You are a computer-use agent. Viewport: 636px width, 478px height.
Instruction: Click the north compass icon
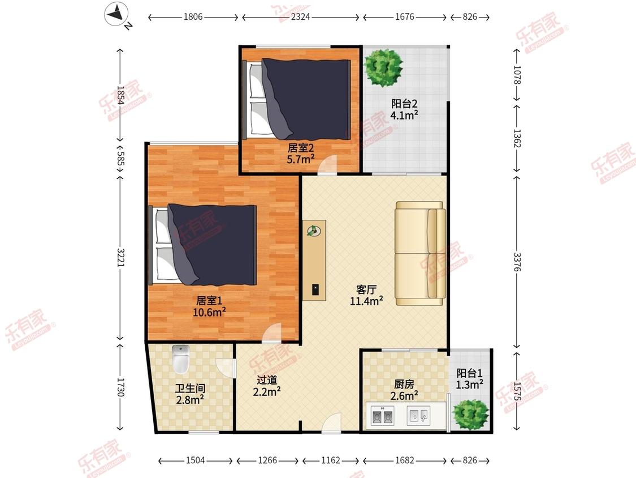117,15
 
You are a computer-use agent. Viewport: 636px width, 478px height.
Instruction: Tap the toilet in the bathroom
180,359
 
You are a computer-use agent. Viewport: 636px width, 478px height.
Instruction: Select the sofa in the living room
420,253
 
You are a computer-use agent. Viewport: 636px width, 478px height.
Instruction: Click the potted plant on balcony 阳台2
383,67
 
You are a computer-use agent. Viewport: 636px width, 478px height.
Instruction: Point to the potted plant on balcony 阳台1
470,414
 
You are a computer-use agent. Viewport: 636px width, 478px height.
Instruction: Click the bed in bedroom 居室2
296,99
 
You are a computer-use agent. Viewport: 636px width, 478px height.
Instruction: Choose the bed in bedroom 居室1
203,245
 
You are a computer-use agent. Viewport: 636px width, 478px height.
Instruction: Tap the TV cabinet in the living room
314,260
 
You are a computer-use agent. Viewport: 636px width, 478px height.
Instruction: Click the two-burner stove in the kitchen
383,416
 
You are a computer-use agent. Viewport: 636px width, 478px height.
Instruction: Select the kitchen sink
418,416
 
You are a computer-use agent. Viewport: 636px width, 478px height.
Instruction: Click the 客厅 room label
366,289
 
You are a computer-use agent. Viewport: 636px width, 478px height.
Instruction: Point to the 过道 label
267,380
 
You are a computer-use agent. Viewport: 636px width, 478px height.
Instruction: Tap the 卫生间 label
190,389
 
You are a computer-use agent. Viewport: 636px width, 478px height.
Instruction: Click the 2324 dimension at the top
301,16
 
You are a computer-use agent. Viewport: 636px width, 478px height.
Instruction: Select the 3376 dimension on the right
517,262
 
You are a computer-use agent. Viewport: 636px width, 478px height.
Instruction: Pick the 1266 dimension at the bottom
268,460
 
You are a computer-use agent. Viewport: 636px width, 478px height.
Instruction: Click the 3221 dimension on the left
120,257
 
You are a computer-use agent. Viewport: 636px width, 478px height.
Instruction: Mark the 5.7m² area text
301,159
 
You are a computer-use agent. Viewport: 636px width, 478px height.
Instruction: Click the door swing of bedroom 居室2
327,165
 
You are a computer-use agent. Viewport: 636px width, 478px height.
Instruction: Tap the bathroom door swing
226,368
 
